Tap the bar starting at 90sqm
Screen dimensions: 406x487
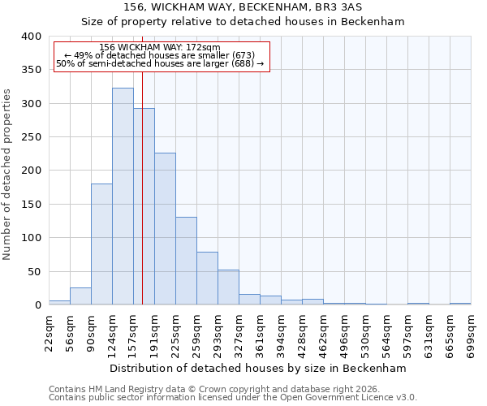(x=101, y=244)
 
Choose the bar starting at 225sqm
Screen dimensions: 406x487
(x=186, y=261)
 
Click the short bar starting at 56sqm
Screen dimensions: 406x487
(x=80, y=296)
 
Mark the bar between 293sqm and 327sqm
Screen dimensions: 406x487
(x=228, y=287)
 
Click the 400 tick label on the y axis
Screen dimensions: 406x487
(x=30, y=37)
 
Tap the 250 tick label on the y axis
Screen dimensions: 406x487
(x=30, y=137)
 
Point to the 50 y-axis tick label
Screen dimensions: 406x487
(x=33, y=271)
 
